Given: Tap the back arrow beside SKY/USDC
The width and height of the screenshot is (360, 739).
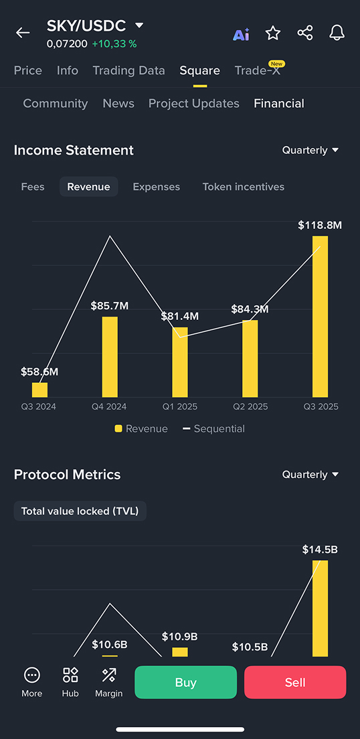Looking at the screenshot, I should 23,33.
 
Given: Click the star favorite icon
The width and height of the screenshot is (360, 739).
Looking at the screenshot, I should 273,33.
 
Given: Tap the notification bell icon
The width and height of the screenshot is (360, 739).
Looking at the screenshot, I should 337,33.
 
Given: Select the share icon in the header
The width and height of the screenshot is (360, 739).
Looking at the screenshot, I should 305,33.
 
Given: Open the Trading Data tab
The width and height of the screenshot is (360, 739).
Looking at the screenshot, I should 128,70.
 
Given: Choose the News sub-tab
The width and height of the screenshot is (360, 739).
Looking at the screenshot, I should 118,103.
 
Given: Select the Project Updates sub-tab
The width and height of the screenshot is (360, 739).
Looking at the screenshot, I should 193,103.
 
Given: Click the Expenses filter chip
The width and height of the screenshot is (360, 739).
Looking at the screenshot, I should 156,187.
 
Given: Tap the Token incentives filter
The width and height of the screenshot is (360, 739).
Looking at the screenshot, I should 243,187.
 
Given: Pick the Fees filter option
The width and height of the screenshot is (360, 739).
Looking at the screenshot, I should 33,187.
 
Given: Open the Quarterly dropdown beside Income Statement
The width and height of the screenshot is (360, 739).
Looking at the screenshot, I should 310,150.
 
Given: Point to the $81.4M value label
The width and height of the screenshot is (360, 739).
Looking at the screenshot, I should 179,316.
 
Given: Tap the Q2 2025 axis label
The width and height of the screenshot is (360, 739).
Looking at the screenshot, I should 250,406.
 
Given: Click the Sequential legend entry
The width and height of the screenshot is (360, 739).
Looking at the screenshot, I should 213,428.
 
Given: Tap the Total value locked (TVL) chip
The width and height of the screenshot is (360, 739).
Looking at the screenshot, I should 80,511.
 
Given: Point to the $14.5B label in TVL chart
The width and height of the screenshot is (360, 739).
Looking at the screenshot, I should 320,550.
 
